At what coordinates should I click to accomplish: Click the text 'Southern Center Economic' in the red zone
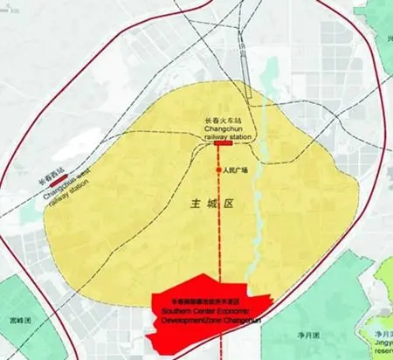point(203,310)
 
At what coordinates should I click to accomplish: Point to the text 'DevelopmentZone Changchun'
point(206,319)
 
